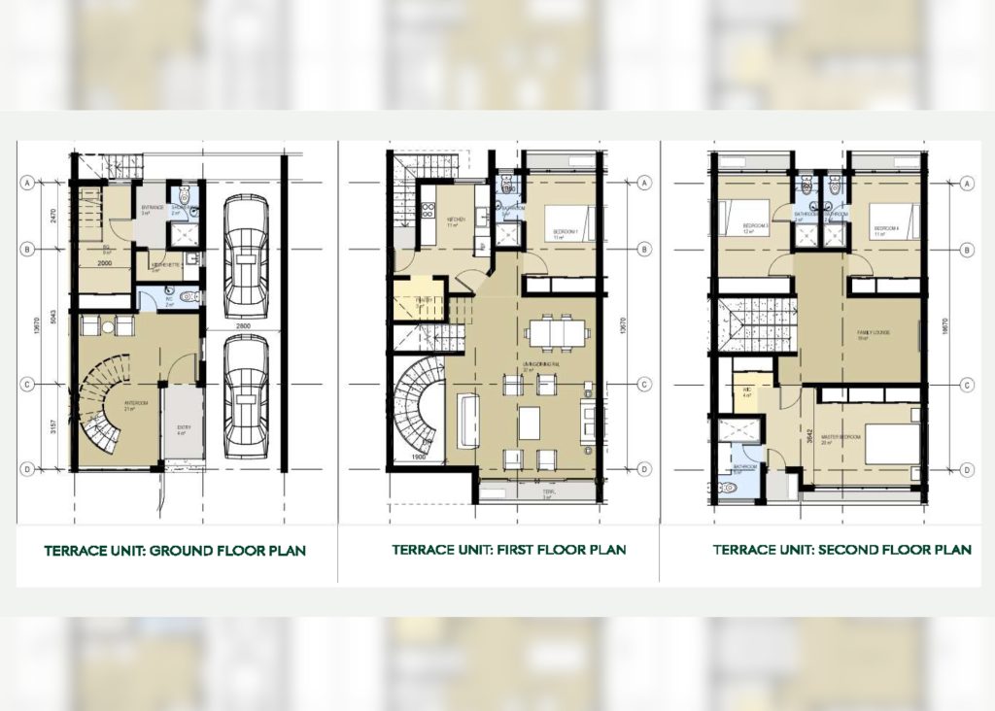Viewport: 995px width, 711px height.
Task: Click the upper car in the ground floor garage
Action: [245, 255]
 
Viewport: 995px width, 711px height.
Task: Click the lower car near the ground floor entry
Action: [245, 396]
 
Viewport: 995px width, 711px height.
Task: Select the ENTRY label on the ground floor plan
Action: [184, 427]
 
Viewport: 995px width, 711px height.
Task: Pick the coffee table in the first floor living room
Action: [529, 423]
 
